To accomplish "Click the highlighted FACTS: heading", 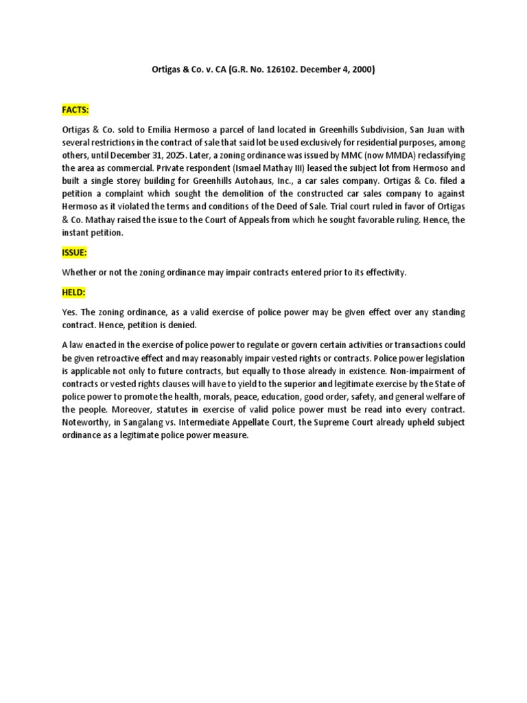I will (x=76, y=110).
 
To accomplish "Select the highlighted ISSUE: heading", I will (x=74, y=252).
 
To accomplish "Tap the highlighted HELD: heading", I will (x=73, y=292).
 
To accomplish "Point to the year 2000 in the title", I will (x=362, y=69).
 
